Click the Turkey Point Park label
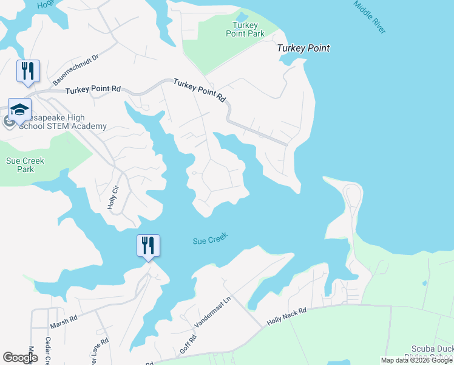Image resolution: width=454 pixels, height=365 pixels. (x=249, y=29)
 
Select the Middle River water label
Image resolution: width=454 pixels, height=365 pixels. (x=370, y=16)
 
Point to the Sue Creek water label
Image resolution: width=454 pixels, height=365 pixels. (x=210, y=240)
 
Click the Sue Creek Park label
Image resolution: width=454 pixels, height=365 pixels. (x=21, y=165)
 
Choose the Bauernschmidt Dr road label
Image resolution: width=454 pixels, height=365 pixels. (x=76, y=69)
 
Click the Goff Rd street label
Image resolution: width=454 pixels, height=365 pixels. (x=188, y=346)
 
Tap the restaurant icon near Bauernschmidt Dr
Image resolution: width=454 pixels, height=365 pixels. (x=28, y=71)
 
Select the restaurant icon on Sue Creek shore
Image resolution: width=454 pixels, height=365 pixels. (x=148, y=246)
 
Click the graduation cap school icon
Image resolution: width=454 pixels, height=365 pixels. (x=19, y=109)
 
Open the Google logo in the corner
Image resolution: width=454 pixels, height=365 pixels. (x=21, y=358)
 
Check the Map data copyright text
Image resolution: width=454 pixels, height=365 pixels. (x=416, y=360)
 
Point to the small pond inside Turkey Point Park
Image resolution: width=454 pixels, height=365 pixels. (x=242, y=16)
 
